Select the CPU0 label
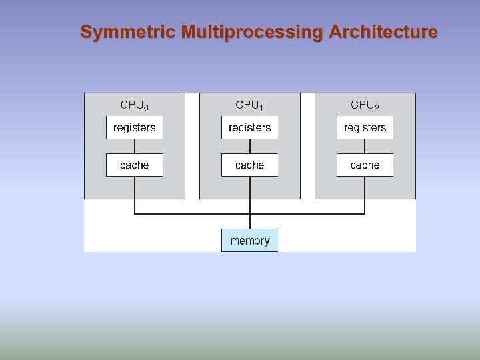click(x=133, y=105)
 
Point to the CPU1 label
click(x=249, y=105)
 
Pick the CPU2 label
click(x=365, y=105)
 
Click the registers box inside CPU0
click(x=134, y=127)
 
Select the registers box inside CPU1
click(x=249, y=127)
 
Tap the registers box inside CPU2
click(x=365, y=127)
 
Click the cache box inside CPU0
click(x=134, y=165)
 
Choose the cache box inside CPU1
click(x=249, y=165)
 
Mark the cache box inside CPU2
click(x=365, y=165)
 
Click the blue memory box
click(x=249, y=241)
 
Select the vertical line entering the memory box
click(x=249, y=221)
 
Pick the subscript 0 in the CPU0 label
click(x=146, y=107)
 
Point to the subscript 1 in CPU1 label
click(x=261, y=107)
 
